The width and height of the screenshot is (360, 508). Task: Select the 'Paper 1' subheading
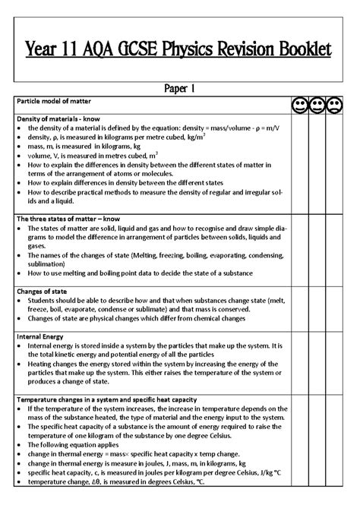click(x=180, y=88)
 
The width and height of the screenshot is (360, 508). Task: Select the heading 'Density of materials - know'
click(x=65, y=118)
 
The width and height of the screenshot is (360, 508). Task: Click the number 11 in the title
click(x=74, y=50)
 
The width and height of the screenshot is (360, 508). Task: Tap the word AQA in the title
click(x=107, y=50)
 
